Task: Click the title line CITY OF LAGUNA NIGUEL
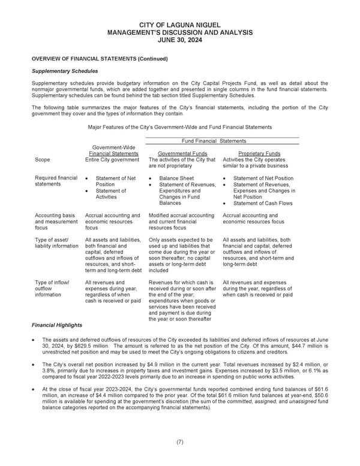(x=179, y=25)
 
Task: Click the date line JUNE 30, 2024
(x=179, y=40)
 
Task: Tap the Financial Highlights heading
(x=56, y=325)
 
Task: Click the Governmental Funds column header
(x=178, y=153)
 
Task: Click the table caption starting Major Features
(x=179, y=127)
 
